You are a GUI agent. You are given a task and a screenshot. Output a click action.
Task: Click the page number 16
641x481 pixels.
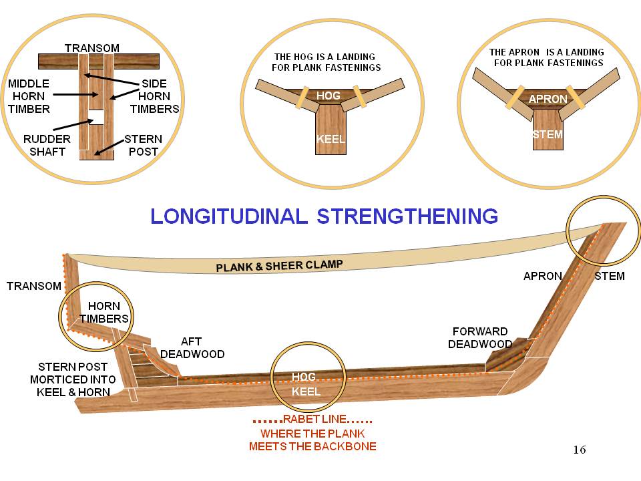(580, 450)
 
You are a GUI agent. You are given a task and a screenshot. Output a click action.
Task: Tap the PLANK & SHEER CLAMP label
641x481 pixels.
(279, 266)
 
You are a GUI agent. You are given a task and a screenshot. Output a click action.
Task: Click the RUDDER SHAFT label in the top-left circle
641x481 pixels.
(45, 145)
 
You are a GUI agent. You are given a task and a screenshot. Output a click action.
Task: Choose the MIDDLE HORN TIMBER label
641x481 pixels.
(29, 96)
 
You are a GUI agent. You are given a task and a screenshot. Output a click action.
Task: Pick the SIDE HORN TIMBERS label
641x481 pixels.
(155, 96)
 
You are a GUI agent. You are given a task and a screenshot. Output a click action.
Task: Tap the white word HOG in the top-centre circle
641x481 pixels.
(329, 96)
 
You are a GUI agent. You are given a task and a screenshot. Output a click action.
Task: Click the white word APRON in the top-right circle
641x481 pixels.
(548, 99)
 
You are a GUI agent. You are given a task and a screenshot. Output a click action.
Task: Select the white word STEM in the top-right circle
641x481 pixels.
(548, 135)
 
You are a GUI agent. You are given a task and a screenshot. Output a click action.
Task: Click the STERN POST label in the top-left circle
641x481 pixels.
(144, 145)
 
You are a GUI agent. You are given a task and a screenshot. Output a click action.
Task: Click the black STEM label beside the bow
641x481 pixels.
(609, 275)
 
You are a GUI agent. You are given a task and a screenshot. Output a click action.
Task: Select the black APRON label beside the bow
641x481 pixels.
(542, 275)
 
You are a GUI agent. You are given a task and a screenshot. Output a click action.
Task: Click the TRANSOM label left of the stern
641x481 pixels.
(33, 286)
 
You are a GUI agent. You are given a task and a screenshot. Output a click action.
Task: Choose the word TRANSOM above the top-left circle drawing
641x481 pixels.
(92, 48)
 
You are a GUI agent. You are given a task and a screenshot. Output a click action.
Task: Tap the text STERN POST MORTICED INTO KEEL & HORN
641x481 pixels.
(73, 379)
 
